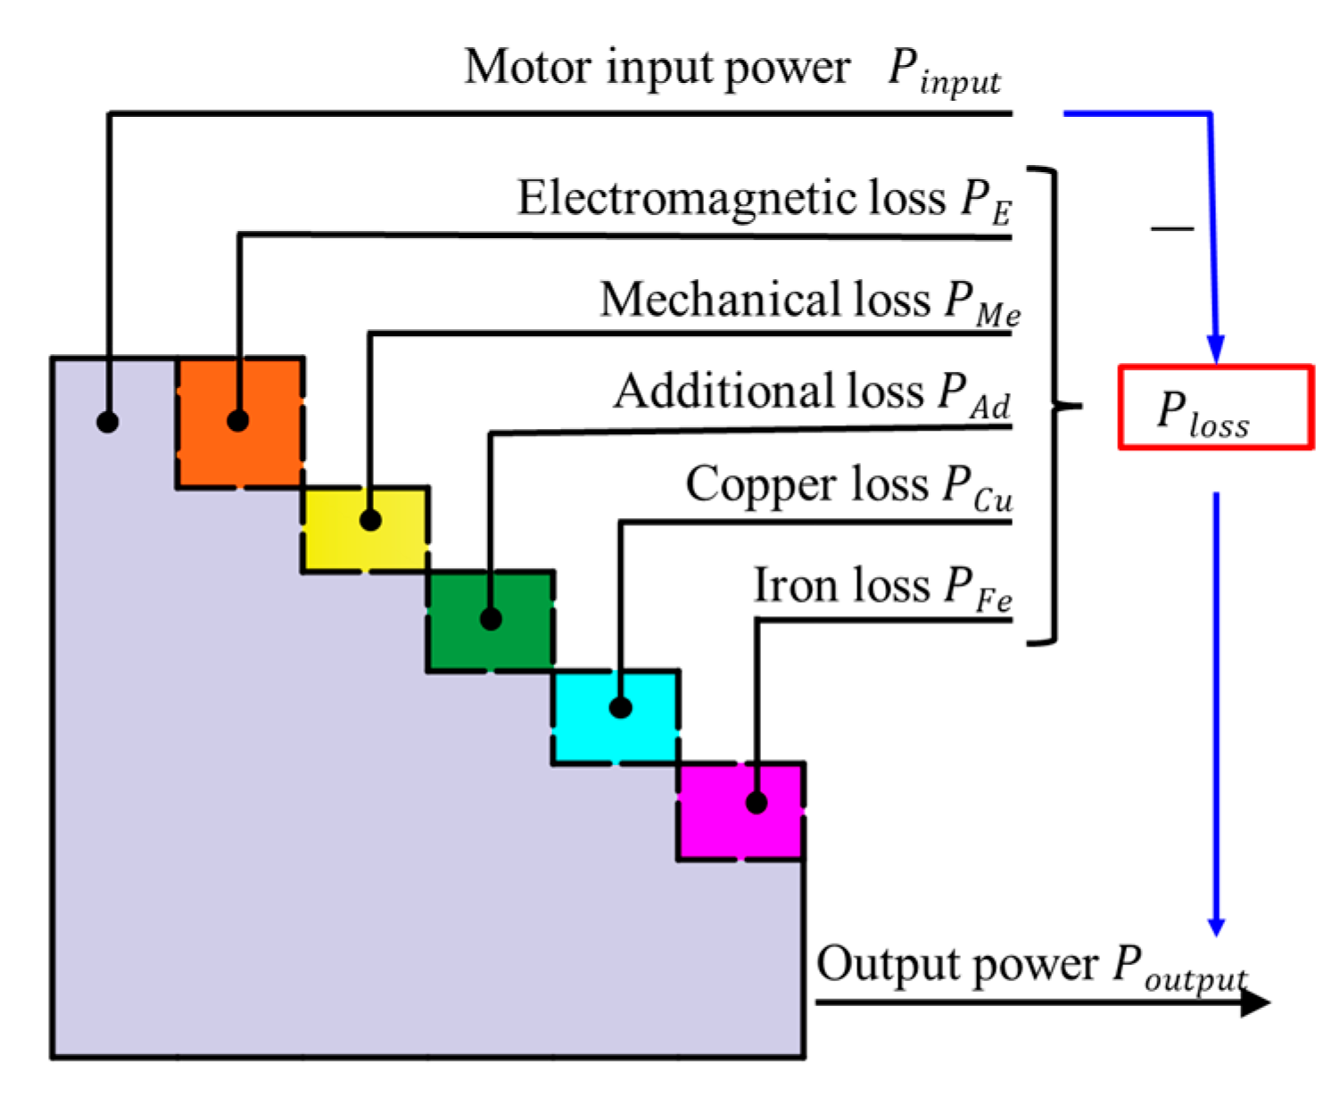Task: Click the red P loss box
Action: pos(1215,407)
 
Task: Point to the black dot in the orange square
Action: pos(237,420)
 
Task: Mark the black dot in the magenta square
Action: pos(757,803)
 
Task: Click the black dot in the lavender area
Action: pos(108,422)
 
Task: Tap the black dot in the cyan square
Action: pos(621,707)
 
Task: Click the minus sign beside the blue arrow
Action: pos(1171,228)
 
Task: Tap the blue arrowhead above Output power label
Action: pos(1215,926)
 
